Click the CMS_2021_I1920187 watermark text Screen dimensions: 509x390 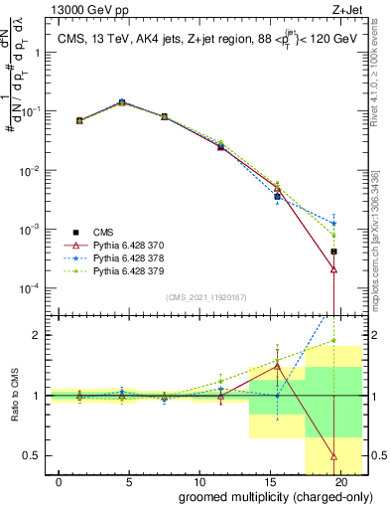pyautogui.click(x=206, y=297)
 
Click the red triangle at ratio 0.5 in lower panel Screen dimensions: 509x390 pyautogui.click(x=334, y=456)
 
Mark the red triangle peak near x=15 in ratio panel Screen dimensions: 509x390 pyautogui.click(x=278, y=366)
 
